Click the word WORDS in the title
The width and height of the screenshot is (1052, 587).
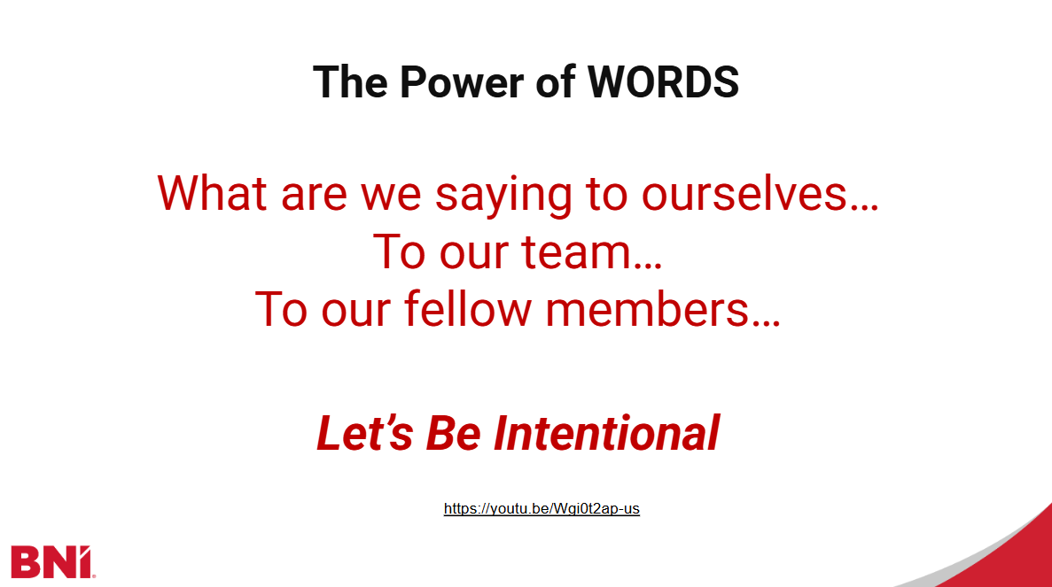663,82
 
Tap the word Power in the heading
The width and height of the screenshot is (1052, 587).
462,82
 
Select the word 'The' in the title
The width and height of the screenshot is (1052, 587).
350,82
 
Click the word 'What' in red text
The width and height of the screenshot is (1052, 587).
212,194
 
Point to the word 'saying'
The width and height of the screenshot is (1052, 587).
503,196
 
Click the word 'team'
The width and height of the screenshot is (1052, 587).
576,252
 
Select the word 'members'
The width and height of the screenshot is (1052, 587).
647,309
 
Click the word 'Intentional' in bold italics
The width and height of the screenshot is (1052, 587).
606,434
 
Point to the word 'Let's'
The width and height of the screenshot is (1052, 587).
364,434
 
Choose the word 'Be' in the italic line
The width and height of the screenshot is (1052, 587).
454,434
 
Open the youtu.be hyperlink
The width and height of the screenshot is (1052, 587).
542,508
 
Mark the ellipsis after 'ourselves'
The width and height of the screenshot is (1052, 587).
864,208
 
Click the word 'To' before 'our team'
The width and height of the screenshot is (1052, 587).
399,252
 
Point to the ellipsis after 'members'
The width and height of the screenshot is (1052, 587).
767,324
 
